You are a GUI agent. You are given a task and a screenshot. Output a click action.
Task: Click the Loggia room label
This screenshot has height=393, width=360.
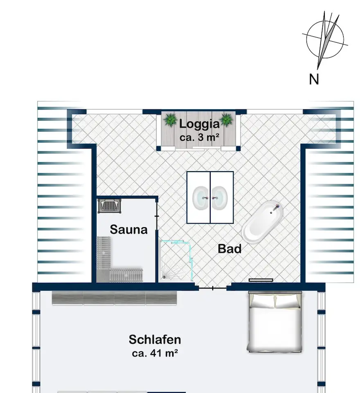tap(199, 124)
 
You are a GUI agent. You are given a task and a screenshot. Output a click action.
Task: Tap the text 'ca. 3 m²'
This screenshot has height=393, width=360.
tap(199, 137)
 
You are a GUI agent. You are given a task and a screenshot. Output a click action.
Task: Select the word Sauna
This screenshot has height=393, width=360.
tap(128, 230)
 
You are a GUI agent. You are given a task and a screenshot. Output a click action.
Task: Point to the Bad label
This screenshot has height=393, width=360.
tap(229, 248)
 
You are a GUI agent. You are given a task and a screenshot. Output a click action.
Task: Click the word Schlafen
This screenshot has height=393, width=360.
tap(155, 340)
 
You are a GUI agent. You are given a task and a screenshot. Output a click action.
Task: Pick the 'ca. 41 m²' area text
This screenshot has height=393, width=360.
tap(155, 353)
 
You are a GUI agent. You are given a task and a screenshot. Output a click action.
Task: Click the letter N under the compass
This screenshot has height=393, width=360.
tap(314, 79)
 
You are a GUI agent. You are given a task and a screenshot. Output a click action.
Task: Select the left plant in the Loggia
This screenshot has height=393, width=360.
tap(170, 120)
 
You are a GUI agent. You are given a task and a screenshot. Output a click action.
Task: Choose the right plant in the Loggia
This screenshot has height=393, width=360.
tap(227, 120)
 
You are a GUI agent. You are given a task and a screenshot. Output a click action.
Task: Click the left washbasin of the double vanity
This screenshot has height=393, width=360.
tap(200, 198)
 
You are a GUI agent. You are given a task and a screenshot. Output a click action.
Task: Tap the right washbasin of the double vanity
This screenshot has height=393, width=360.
tap(219, 198)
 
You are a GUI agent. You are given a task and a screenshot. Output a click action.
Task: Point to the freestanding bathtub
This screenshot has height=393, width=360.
tap(262, 222)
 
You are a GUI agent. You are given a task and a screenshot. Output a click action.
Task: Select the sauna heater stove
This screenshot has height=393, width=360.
tap(109, 206)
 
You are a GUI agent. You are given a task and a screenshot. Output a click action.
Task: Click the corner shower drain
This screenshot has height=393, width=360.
tap(164, 277)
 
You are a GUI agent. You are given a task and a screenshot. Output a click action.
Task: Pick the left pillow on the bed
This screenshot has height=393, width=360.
tap(262, 301)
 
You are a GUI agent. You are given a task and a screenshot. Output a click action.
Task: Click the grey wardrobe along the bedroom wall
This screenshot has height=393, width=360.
tap(114, 298)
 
